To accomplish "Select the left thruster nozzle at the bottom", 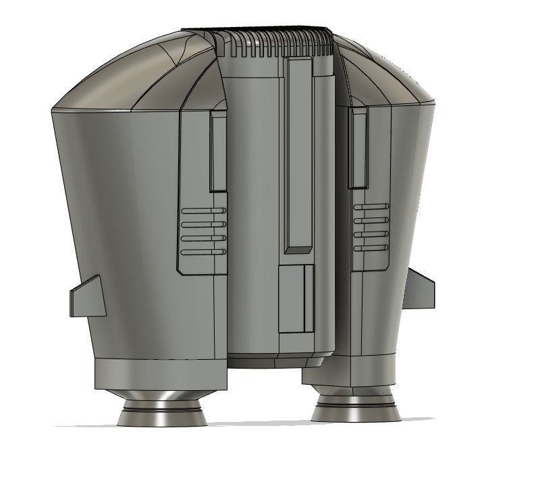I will pyautogui.click(x=162, y=412).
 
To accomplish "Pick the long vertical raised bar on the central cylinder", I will pyautogui.click(x=298, y=155).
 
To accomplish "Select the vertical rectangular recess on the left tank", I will pyautogui.click(x=218, y=152).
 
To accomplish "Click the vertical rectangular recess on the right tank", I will pyautogui.click(x=358, y=148).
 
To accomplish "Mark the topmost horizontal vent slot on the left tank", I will pyautogui.click(x=203, y=211).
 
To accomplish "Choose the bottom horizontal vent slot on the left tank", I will pyautogui.click(x=203, y=252).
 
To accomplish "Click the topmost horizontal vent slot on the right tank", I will pyautogui.click(x=371, y=206).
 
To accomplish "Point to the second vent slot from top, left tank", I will pyautogui.click(x=203, y=224).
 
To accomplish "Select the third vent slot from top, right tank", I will pyautogui.click(x=371, y=234).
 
